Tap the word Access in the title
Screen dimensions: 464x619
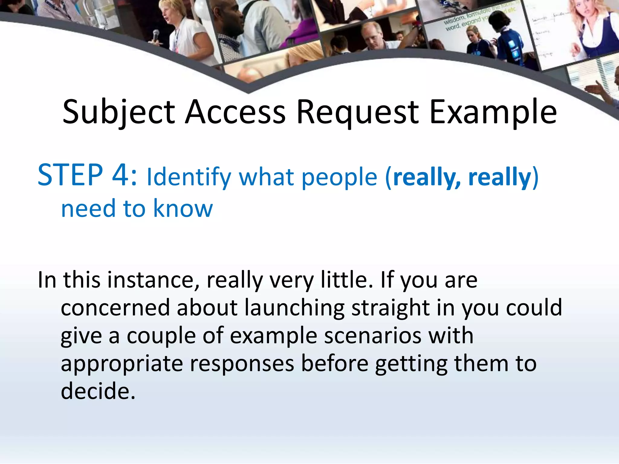pos(235,112)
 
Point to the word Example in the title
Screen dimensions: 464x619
pos(493,112)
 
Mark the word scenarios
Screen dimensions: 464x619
pos(373,336)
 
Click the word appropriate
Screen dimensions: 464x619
pos(122,364)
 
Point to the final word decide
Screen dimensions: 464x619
pos(98,391)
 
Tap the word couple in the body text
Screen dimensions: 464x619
pos(161,336)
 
